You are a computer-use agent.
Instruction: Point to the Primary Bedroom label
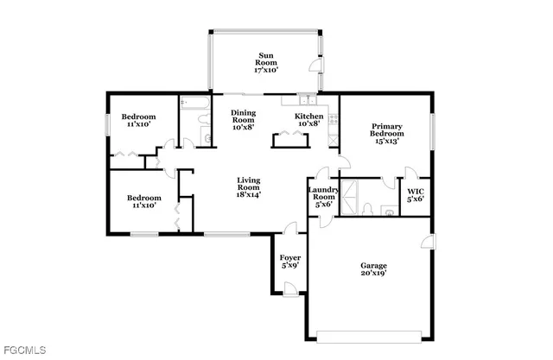[386, 129]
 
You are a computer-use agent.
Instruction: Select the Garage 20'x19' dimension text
[373, 273]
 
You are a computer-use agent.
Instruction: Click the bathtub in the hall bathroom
[194, 106]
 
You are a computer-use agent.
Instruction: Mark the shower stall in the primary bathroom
[352, 196]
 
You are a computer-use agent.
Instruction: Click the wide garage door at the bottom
[372, 334]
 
